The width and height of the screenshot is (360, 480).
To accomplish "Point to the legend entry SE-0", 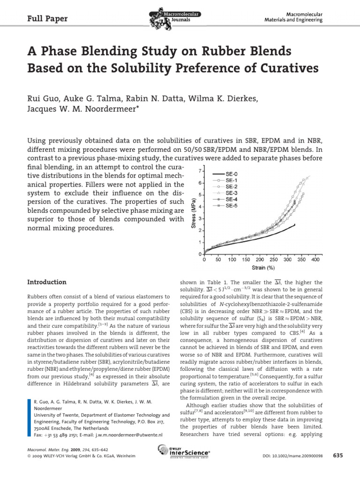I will tap(232, 173).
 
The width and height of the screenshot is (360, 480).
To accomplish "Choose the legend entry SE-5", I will tap(232, 205).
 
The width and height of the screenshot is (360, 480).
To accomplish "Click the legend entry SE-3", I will tap(232, 193).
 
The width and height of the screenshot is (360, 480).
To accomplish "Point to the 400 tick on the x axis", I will tap(315, 259).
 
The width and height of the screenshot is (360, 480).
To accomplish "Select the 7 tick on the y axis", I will tap(200, 171).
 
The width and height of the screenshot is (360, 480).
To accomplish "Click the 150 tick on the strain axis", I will tap(246, 259).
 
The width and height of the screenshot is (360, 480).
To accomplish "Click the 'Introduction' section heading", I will tap(47, 282).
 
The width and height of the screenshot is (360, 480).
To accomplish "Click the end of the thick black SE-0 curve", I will tap(295, 225).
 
